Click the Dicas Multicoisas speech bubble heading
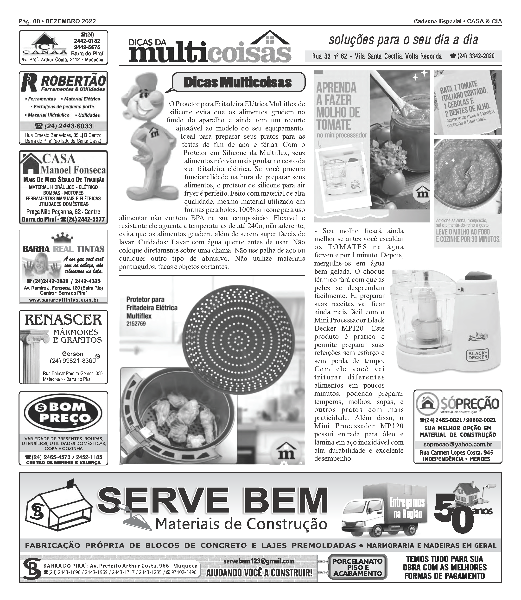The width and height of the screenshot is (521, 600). point(238,82)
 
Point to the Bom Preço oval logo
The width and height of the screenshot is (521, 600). point(63,413)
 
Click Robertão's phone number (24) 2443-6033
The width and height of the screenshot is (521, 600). point(63,126)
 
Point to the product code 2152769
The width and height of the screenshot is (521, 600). point(136,323)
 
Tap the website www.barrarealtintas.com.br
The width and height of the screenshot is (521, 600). point(64,300)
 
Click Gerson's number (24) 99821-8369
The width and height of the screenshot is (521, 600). point(73,361)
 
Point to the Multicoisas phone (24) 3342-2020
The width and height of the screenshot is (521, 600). point(472,56)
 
